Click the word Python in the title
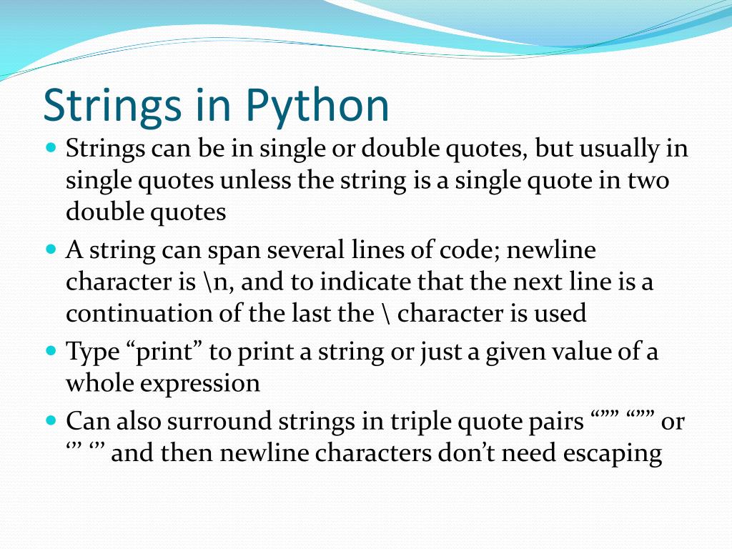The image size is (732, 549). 318,106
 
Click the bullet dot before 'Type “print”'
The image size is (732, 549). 50,351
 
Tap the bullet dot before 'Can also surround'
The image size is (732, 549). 50,420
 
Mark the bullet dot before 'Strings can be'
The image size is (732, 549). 50,149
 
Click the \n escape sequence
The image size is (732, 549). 211,282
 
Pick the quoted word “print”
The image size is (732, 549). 164,352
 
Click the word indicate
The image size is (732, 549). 365,282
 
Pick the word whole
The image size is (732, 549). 99,383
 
